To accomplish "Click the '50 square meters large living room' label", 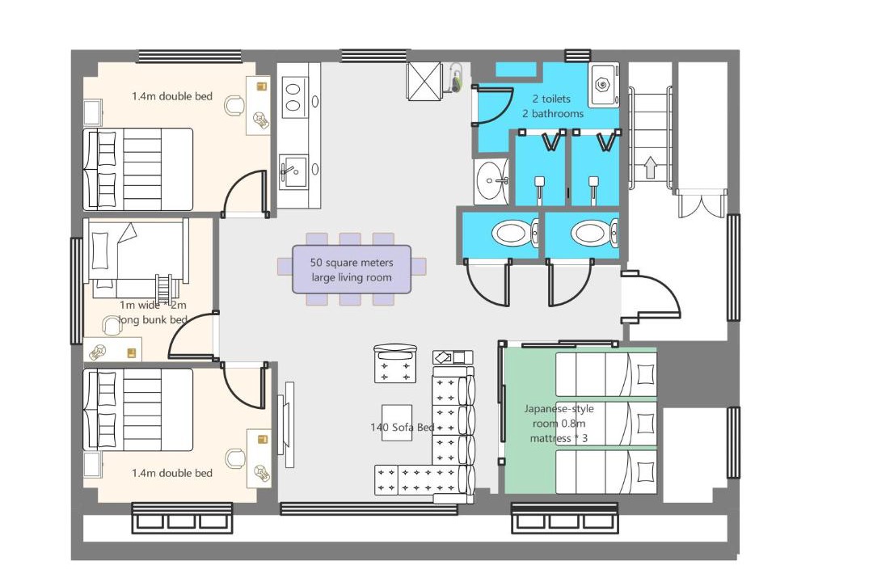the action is [352, 270].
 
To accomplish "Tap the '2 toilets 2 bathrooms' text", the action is [553, 106].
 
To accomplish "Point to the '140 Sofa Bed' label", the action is [402, 427].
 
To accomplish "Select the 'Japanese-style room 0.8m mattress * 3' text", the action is [559, 424].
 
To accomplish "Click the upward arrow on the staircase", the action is [650, 167].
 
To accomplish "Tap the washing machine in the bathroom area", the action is [604, 84].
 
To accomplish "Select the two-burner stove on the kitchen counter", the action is [293, 98].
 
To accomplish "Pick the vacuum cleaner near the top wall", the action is [456, 78].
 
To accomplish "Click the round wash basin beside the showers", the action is [491, 181].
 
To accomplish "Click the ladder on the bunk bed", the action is [164, 288].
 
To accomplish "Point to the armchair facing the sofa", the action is [394, 364].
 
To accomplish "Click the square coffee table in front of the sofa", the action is [397, 424].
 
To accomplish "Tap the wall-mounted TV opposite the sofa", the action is [288, 424].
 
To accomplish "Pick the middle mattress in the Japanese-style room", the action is [606, 423].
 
